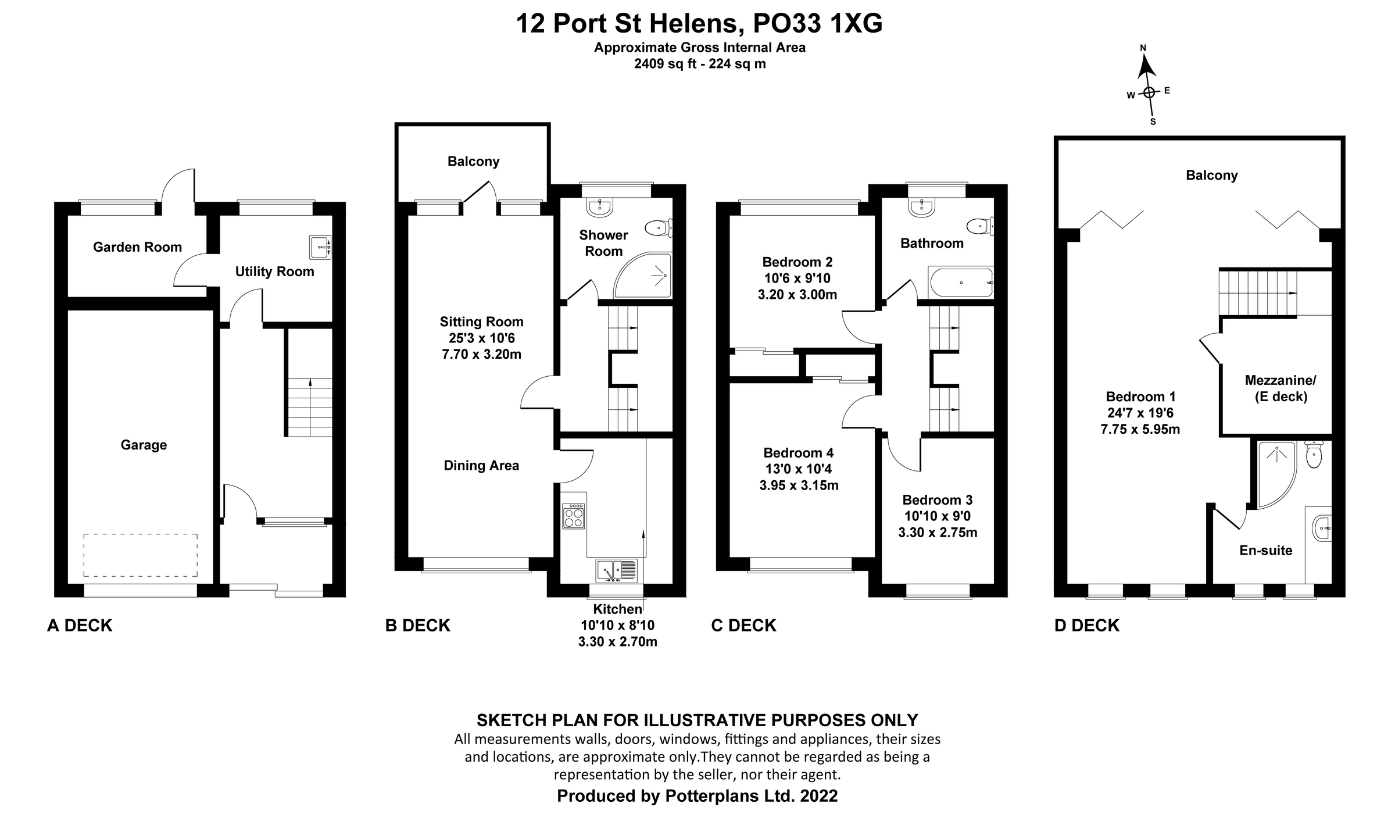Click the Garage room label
point(144,445)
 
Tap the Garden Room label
point(137,247)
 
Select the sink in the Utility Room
point(320,247)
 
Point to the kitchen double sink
point(617,570)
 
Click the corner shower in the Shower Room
point(648,277)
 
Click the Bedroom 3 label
point(937,500)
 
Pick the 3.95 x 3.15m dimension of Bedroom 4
point(799,485)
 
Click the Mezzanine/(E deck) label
point(1280,388)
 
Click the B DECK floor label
point(417,626)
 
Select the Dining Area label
point(481,465)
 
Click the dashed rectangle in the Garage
point(140,555)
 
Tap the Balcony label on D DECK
point(1211,175)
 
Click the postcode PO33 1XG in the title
point(817,24)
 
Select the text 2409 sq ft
point(665,64)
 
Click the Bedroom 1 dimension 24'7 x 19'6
point(1140,413)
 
